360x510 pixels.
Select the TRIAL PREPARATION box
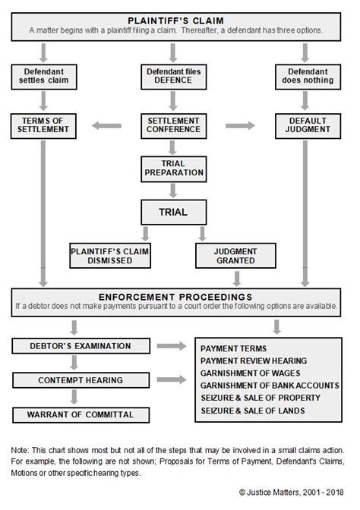click(x=173, y=167)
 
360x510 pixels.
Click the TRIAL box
click(x=173, y=212)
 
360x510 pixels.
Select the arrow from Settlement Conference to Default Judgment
click(x=240, y=124)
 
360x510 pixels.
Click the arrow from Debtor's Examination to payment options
click(x=173, y=347)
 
